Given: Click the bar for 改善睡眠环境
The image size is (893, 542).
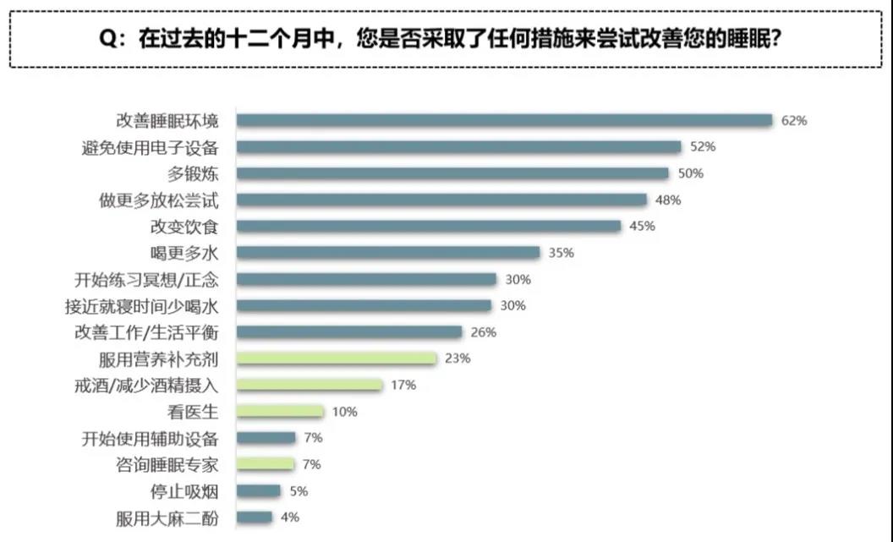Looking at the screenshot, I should (x=504, y=120).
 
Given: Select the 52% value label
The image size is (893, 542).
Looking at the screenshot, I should (x=703, y=147).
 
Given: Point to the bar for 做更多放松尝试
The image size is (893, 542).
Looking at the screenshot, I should (x=441, y=200).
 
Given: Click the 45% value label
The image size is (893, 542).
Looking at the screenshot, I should (x=642, y=226).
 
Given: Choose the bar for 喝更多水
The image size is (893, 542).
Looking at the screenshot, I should (x=387, y=252).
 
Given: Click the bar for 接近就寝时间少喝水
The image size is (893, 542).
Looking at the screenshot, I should (x=364, y=305).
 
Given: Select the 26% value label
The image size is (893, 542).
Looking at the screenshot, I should (x=483, y=332).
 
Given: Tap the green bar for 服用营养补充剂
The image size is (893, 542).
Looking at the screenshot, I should (x=337, y=359).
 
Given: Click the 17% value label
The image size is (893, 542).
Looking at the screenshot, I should (x=403, y=385).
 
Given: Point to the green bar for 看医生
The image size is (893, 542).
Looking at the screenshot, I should (x=280, y=412).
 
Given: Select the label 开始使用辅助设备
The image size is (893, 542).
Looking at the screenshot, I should (x=150, y=438).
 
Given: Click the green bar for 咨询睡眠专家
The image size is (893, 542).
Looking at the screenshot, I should (x=266, y=464).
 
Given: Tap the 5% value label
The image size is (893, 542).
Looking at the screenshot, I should (x=298, y=490).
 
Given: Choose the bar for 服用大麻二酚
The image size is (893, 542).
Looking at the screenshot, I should (x=255, y=517).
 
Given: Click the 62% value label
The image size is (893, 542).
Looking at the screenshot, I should (x=794, y=120).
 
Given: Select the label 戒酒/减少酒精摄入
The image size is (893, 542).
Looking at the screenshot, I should (x=146, y=386).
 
